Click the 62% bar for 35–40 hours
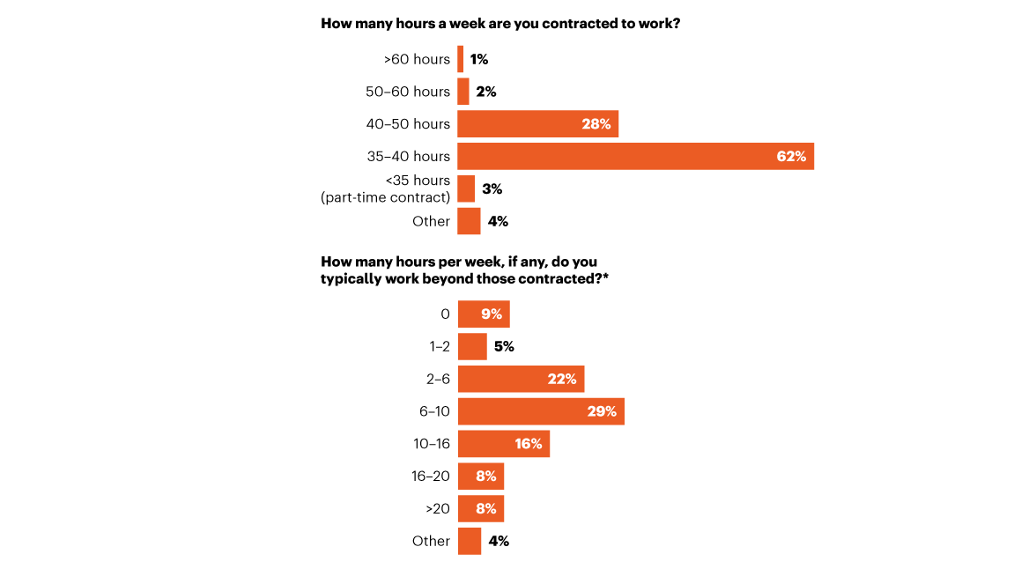(x=635, y=157)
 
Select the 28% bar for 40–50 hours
(x=537, y=124)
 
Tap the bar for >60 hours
(x=460, y=59)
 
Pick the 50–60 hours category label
(x=407, y=92)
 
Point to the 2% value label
(x=486, y=92)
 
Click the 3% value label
(x=492, y=188)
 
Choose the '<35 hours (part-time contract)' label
(x=386, y=188)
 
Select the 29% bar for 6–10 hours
(x=541, y=411)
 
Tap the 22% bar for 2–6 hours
(x=521, y=379)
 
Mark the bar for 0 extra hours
(x=484, y=314)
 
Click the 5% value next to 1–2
(x=504, y=347)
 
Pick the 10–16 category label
(x=431, y=444)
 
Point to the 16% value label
(x=529, y=444)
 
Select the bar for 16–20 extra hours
(x=481, y=477)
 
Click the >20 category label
(x=436, y=508)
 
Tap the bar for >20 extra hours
(x=481, y=508)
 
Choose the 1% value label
(x=479, y=59)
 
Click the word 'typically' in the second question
(x=351, y=277)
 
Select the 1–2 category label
(x=439, y=347)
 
